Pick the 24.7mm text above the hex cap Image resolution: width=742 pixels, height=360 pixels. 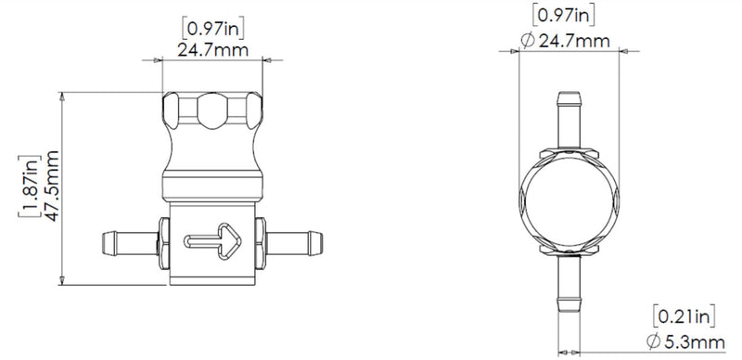[x=214, y=49]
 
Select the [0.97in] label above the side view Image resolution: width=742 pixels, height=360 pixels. [x=214, y=29]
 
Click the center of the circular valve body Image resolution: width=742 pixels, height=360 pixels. [x=568, y=202]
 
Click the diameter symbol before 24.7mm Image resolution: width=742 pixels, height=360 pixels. [x=526, y=40]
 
